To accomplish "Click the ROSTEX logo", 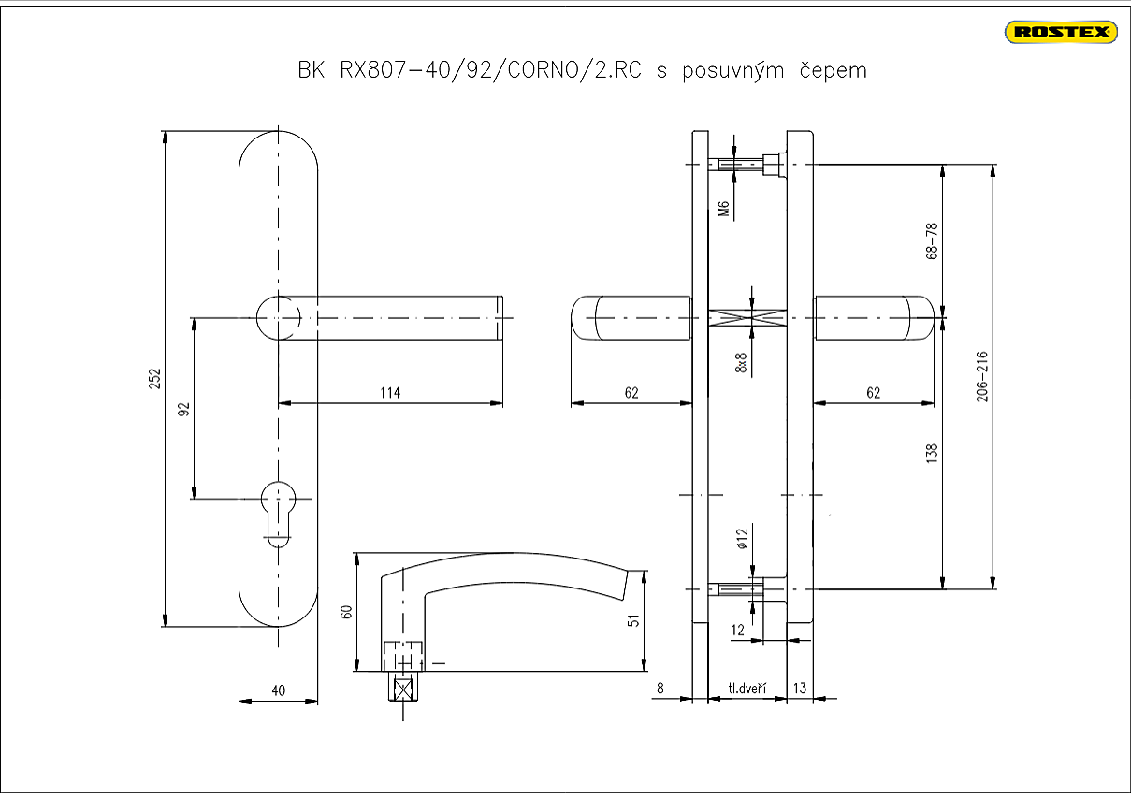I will [1061, 33].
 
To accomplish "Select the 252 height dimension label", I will [155, 378].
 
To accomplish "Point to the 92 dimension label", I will [184, 409].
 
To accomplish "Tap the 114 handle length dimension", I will [390, 393].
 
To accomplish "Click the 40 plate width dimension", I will [278, 690].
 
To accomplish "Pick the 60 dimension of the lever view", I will [346, 612].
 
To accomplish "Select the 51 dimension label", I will [632, 620].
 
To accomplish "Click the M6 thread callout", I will [723, 208].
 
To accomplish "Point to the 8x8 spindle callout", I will [741, 363].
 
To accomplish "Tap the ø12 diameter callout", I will [741, 538].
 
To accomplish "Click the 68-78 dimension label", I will [931, 241].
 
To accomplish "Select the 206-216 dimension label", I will [981, 378].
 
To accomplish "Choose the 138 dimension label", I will [931, 454].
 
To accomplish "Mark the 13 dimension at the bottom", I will [799, 689].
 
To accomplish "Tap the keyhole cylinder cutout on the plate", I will [278, 510].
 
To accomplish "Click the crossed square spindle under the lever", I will [404, 690].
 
